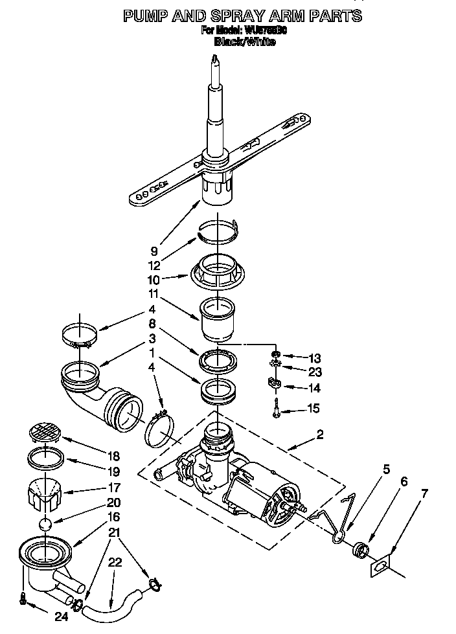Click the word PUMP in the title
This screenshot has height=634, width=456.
147,16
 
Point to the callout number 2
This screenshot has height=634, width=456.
319,435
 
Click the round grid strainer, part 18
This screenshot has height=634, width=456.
47,432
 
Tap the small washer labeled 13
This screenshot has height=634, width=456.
276,355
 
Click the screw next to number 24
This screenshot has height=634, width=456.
23,599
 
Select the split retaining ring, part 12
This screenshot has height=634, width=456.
218,231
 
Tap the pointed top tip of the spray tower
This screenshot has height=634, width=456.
215,58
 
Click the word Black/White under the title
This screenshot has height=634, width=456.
244,41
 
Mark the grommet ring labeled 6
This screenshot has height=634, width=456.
359,550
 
